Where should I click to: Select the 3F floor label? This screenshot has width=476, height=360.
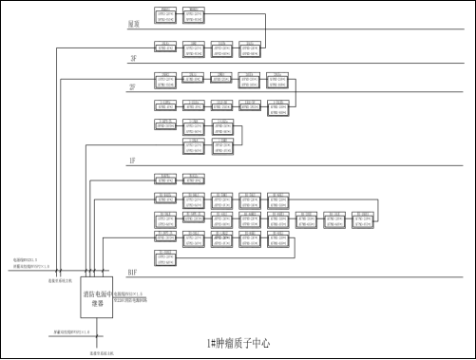click(133, 58)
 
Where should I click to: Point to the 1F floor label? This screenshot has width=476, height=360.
click(133, 161)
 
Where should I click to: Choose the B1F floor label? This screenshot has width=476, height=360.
click(133, 272)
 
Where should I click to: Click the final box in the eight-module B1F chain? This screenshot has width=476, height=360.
click(361, 219)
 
